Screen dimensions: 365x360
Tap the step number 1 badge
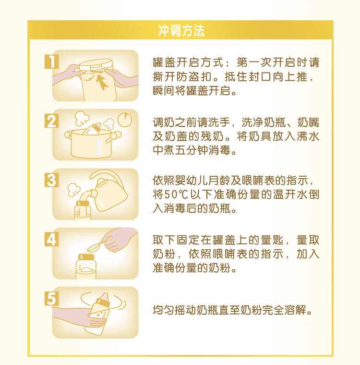[51, 61]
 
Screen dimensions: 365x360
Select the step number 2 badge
[51, 121]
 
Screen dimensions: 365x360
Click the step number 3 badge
[51, 180]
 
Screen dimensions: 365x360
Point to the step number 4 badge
[51, 239]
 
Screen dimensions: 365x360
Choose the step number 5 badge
[51, 298]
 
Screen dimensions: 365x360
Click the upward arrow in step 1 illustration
[102, 82]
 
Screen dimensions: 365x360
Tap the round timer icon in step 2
[125, 119]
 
